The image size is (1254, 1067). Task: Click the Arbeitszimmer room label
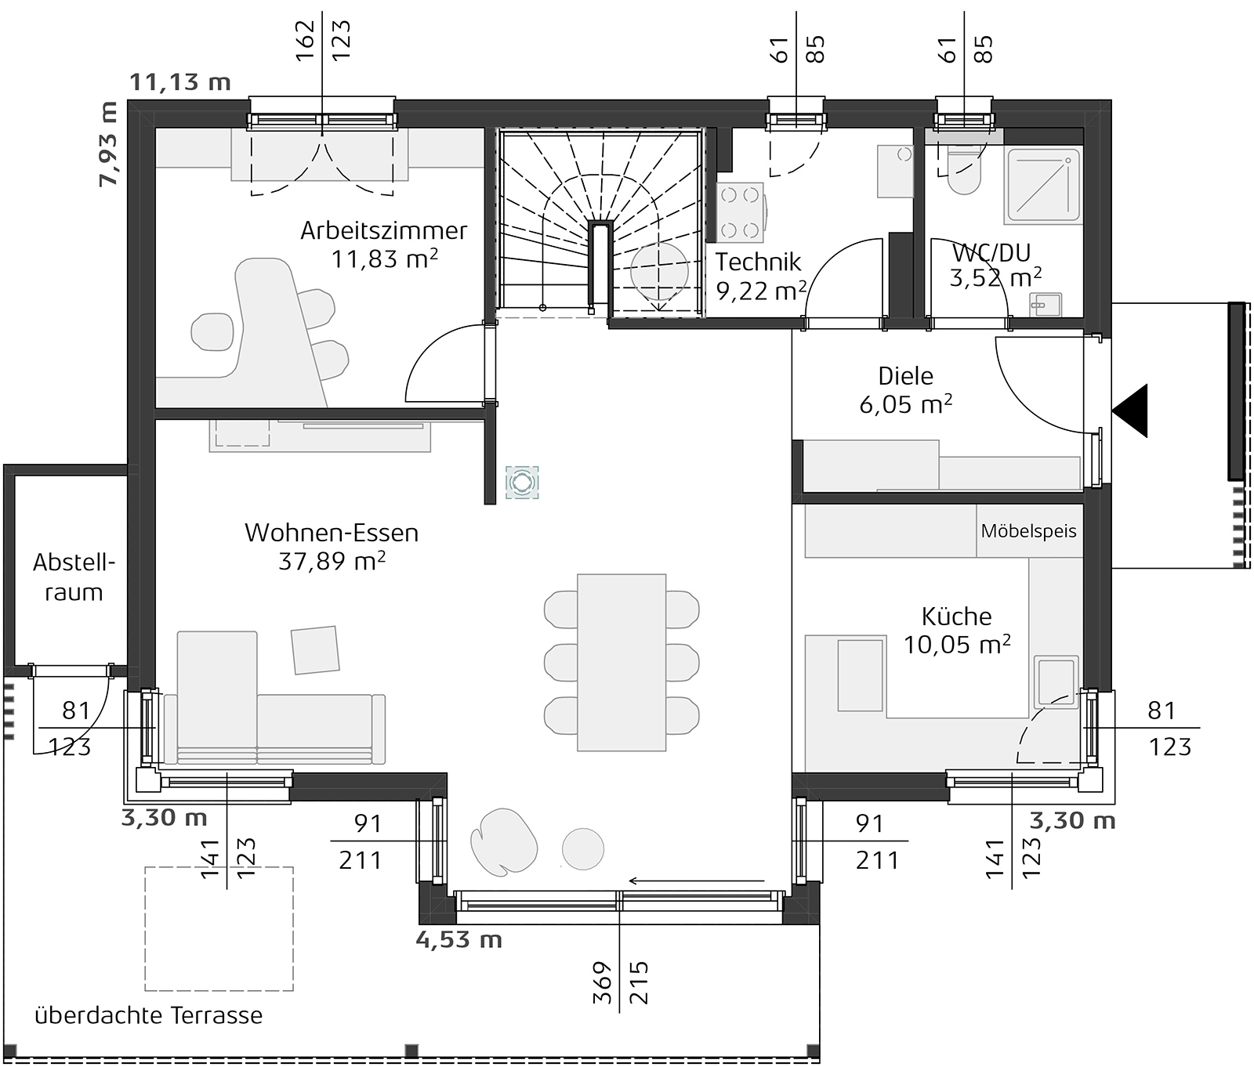383,230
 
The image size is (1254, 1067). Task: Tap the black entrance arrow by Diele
1132,411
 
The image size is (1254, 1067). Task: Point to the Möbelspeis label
1028,531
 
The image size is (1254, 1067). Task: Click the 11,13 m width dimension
180,81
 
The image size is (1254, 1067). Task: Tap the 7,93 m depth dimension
107,144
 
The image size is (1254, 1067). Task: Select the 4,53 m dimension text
458,939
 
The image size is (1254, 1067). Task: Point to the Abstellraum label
74,577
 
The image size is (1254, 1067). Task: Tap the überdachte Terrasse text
149,1016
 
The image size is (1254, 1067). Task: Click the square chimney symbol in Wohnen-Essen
522,482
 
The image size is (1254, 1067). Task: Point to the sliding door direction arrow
696,881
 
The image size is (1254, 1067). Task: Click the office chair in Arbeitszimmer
213,332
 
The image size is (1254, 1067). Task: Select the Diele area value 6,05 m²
906,404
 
